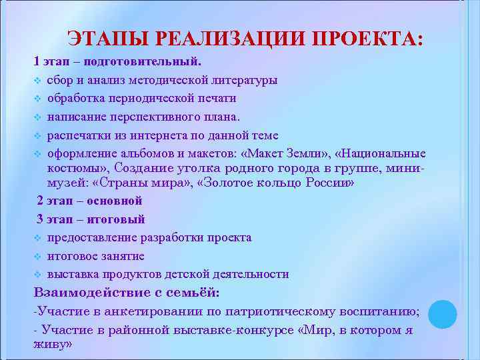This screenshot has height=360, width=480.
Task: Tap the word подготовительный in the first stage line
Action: click(153, 62)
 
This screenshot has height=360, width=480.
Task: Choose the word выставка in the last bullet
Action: click(71, 274)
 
